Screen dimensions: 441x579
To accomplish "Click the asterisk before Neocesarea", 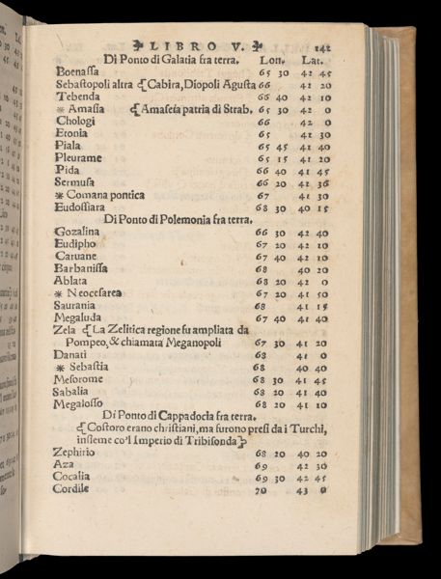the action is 59,294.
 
